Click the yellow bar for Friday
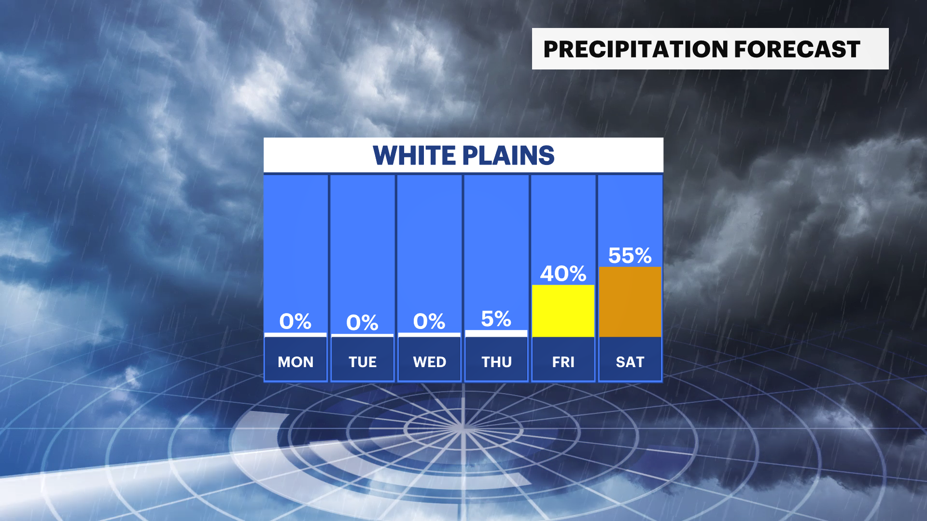click(x=563, y=311)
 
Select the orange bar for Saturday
click(x=630, y=302)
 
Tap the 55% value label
click(x=630, y=256)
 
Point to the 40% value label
click(x=563, y=274)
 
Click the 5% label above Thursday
click(x=496, y=319)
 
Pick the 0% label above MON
click(x=295, y=321)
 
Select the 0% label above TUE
click(x=362, y=323)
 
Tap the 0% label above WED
click(x=429, y=321)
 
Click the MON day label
click(x=295, y=362)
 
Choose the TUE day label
click(x=363, y=362)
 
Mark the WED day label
click(x=430, y=362)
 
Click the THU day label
click(x=496, y=362)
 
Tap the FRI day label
click(x=563, y=362)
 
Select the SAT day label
click(x=630, y=362)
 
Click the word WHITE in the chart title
click(x=414, y=155)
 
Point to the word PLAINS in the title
click(x=508, y=155)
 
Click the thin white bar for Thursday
click(x=496, y=333)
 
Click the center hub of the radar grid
click(x=463, y=427)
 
